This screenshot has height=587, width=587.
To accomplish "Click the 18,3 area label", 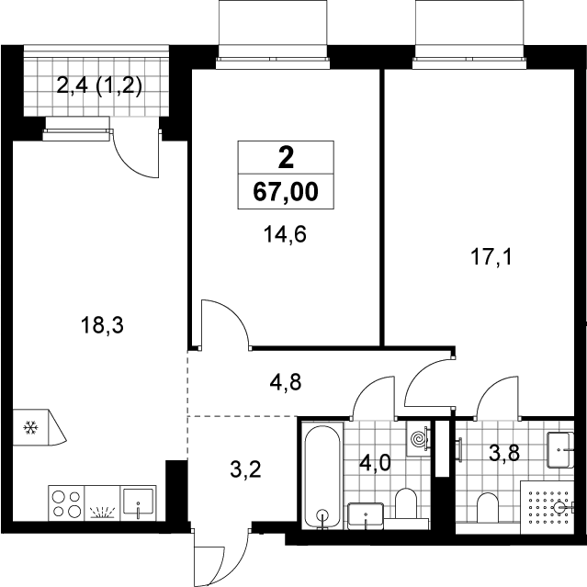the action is pos(102,325).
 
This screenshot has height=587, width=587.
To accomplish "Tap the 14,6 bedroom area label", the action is pos(285,235).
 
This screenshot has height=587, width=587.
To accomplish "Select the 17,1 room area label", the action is pos(491,257).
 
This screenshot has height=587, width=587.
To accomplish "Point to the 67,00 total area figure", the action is pos(286,192).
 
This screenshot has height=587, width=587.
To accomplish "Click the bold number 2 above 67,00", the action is pos(286,158).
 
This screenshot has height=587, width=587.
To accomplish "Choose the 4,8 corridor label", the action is pos(286,383).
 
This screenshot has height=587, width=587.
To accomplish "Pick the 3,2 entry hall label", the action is pos(245,469).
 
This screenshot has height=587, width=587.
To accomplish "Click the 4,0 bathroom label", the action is pos(375,463).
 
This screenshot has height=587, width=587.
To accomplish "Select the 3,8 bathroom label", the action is pos(504,454).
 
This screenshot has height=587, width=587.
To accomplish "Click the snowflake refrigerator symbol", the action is pos(31,427).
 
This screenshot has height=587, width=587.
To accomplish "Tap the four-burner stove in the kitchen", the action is pos(67,503).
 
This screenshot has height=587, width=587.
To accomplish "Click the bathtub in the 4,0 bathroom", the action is pos(322,476).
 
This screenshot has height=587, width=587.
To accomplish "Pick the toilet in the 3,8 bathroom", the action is pos(488,508).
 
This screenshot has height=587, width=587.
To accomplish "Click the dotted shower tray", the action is pos(547,507).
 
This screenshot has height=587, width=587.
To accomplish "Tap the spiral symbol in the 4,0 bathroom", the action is pos(419,437).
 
